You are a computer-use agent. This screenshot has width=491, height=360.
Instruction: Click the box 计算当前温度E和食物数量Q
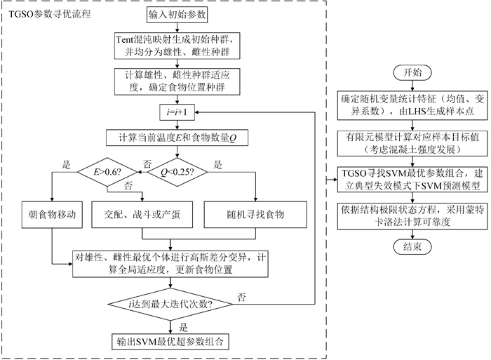[x=173, y=138]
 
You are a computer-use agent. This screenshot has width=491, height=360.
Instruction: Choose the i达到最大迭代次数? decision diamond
[x=173, y=303]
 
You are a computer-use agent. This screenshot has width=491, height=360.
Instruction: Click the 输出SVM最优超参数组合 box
[x=173, y=342]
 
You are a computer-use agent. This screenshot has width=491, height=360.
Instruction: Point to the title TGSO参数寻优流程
[x=48, y=14]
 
